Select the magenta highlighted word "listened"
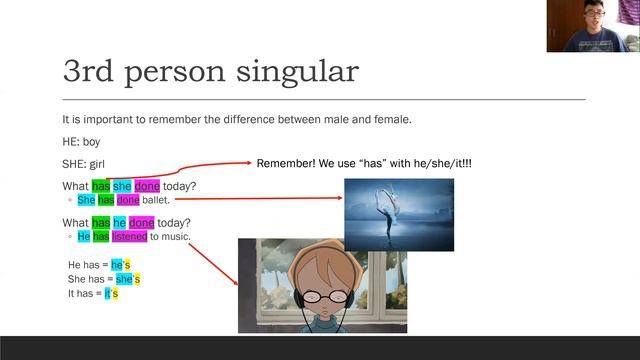pos(130,237)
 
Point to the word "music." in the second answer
pos(174,237)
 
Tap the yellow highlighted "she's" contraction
pos(128,279)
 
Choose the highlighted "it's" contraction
pos(111,294)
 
